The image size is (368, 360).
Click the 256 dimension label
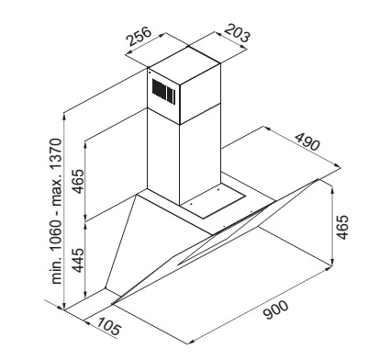[139, 37]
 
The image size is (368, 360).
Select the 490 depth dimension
[307, 141]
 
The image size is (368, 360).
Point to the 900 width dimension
[275, 310]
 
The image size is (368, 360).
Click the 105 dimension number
[109, 325]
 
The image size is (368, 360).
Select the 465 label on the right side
[342, 228]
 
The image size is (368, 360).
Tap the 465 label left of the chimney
[78, 181]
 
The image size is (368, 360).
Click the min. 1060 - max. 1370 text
[57, 211]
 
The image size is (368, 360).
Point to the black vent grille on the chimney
[164, 92]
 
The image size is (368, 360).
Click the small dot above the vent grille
[150, 73]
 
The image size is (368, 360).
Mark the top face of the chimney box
[184, 65]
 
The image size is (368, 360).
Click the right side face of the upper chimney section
[200, 94]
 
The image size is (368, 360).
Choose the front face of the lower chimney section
[163, 156]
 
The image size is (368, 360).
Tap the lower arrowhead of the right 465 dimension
[332, 262]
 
